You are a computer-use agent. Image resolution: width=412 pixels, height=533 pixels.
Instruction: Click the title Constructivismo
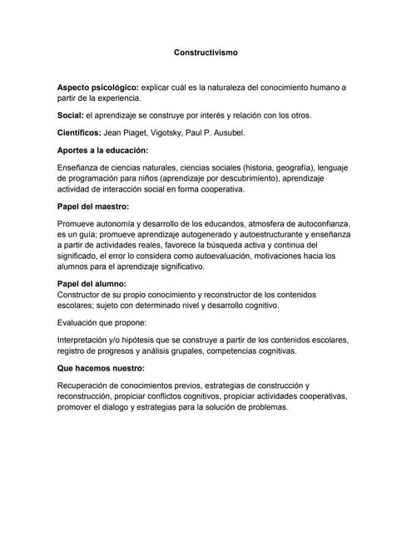click(x=206, y=52)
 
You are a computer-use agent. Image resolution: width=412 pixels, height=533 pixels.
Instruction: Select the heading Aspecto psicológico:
click(x=97, y=87)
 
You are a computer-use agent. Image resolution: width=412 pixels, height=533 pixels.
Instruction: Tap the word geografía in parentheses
click(x=303, y=168)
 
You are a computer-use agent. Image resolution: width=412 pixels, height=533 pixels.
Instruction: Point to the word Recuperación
click(x=92, y=386)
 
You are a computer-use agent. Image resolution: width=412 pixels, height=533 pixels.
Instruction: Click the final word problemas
click(x=263, y=407)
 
